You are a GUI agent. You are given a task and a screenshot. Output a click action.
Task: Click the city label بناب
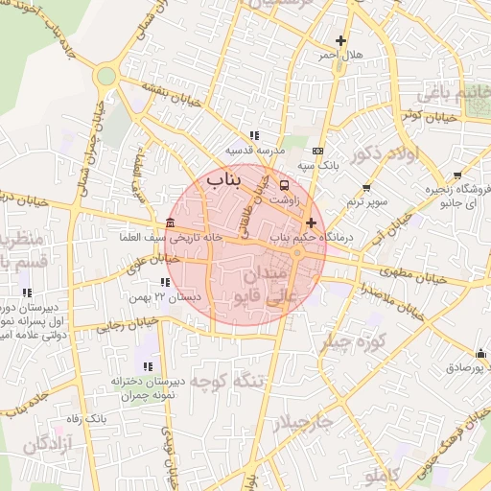(x=225, y=178)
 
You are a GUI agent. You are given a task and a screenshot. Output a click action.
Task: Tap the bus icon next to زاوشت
(x=284, y=184)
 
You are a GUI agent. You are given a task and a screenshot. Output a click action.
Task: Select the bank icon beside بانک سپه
(x=318, y=151)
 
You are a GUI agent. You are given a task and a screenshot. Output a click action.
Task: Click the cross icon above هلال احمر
(x=340, y=40)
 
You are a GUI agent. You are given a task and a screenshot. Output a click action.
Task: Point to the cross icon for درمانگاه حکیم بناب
(x=311, y=222)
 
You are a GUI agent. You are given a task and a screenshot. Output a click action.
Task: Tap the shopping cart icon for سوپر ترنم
(x=365, y=187)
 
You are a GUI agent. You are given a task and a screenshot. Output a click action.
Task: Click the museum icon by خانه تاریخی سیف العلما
(x=170, y=223)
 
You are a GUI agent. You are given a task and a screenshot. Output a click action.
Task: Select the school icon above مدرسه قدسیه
(x=253, y=135)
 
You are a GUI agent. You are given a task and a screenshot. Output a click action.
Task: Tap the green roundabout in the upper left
(x=105, y=75)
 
